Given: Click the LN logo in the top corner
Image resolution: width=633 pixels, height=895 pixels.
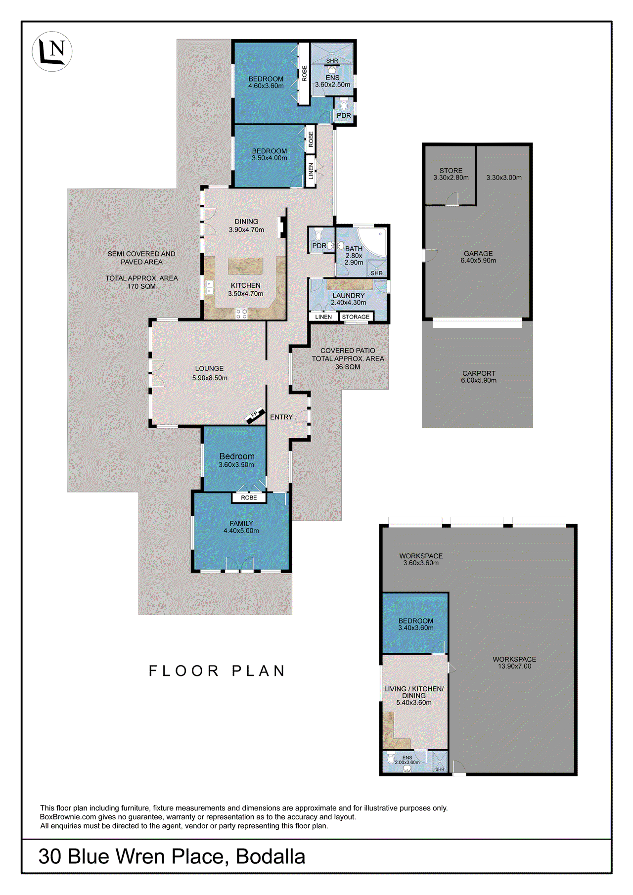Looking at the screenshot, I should [x=52, y=51].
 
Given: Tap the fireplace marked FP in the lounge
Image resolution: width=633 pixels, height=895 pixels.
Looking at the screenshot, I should [x=255, y=415].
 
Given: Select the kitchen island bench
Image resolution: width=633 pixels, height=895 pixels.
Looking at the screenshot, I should [x=245, y=266].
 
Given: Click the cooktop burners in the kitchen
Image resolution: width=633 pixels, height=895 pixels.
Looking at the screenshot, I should [x=241, y=313].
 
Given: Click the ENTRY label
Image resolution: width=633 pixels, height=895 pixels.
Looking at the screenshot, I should [x=281, y=417].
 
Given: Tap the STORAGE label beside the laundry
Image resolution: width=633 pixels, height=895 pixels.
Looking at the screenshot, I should [x=356, y=317].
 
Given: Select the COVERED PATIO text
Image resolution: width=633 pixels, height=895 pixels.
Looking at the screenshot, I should [x=348, y=351].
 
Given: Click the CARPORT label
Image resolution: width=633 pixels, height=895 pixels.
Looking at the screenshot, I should [x=479, y=373].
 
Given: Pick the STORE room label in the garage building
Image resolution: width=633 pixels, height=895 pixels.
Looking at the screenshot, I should [x=451, y=170].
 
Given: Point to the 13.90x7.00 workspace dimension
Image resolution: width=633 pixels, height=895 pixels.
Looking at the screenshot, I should [x=514, y=666].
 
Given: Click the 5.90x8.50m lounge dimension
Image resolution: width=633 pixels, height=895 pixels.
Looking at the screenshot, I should [x=210, y=378].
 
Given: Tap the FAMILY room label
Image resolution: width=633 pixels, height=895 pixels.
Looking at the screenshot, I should [x=241, y=523].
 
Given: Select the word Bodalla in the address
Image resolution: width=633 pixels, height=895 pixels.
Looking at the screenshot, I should [x=271, y=856].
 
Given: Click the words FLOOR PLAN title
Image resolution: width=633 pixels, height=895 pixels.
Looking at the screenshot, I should [x=217, y=671].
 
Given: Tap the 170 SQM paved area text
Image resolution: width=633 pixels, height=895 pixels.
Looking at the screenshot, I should [x=141, y=286].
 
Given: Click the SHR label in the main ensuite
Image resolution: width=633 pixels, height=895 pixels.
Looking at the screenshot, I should [x=332, y=61].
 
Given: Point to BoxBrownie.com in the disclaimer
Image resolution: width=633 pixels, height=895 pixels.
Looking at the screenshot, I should [x=68, y=817].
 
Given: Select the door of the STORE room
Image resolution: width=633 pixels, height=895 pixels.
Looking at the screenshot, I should [x=452, y=200].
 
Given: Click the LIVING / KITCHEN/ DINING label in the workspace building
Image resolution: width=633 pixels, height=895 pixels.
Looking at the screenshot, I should [x=413, y=692].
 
